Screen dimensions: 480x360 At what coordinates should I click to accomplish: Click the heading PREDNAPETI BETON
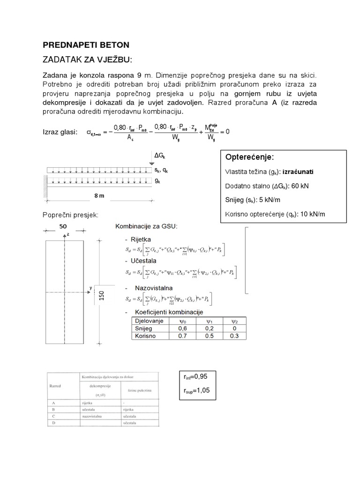click(86, 45)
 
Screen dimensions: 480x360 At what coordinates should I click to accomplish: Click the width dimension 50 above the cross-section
click(62, 226)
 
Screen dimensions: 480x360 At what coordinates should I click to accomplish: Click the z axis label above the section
click(68, 233)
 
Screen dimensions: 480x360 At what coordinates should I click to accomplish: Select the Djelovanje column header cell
click(149, 321)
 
